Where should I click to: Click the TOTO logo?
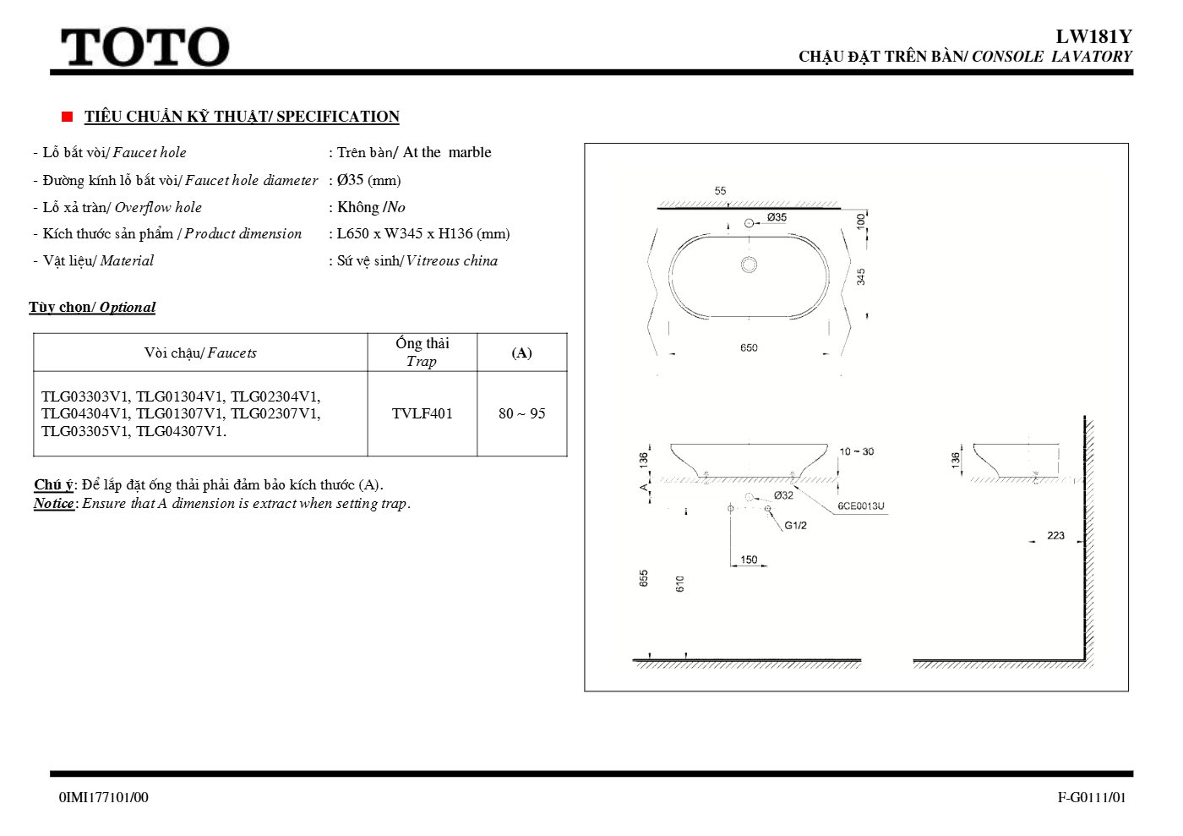click(145, 47)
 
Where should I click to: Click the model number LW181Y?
click(1093, 36)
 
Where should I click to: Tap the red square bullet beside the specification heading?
click(67, 117)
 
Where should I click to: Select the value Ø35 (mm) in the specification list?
click(368, 180)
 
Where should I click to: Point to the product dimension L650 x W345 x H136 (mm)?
click(423, 233)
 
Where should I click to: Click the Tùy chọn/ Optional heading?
click(92, 307)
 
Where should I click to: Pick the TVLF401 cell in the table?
click(422, 413)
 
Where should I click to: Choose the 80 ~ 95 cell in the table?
click(522, 413)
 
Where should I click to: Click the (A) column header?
click(522, 352)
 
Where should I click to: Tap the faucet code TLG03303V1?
click(85, 396)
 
